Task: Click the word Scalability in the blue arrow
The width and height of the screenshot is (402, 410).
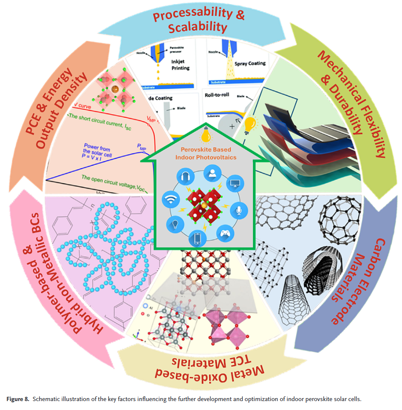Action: tap(196, 28)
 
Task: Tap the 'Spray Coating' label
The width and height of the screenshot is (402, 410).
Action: tap(250, 63)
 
